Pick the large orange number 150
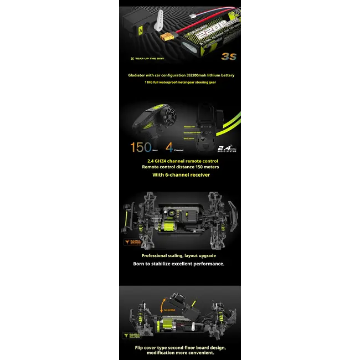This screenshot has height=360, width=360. [x=141, y=148]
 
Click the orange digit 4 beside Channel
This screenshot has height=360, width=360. [x=169, y=148]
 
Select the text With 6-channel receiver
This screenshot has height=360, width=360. [x=181, y=174]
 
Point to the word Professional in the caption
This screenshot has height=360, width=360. [x=157, y=256]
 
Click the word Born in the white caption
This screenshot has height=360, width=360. [x=140, y=264]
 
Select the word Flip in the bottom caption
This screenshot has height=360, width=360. [x=140, y=348]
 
